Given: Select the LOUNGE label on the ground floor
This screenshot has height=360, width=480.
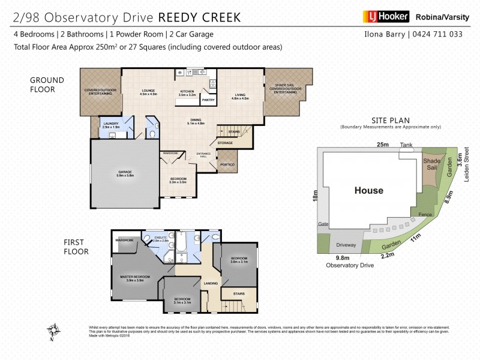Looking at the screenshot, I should coord(148,91).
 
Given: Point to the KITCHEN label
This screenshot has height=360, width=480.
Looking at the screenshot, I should coord(188,91).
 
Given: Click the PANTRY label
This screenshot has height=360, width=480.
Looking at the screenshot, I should coord(208,100).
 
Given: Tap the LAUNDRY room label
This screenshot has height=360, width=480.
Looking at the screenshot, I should coord(111,124).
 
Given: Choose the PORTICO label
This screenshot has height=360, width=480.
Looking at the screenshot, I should coord(227,164).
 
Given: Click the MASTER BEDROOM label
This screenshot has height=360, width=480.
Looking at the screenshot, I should coord(134,277).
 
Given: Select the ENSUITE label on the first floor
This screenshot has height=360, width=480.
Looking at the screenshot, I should coord(161,237).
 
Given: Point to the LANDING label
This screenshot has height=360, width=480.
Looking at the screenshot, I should coord(211,284).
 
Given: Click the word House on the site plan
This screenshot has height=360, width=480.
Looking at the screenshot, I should coord(368,191).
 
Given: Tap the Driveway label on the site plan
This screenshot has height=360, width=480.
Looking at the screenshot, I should coord(346,245).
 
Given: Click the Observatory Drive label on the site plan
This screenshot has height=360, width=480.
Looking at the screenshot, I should coord(347,265).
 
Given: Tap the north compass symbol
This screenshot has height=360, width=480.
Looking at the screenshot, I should coord(54,331).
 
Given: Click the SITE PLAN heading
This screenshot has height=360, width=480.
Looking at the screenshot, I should coord(390,120).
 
